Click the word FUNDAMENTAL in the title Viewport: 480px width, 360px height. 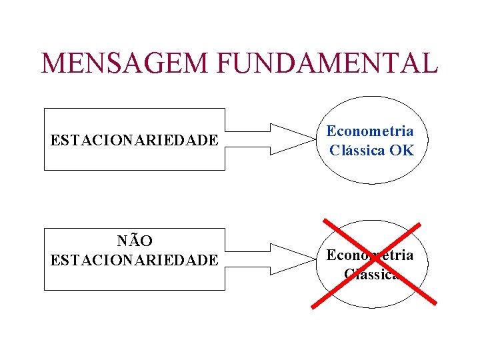[327, 63]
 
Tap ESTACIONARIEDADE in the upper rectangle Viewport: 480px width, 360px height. [134, 141]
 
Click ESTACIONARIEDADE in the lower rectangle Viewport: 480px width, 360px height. [134, 259]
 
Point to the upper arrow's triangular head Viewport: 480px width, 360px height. [293, 139]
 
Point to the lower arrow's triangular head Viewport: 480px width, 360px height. [293, 259]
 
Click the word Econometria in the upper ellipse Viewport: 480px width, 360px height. [369, 131]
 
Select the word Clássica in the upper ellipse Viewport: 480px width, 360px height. [357, 150]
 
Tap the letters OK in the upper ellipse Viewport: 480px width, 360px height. [402, 150]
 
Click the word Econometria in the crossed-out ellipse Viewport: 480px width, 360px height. [369, 255]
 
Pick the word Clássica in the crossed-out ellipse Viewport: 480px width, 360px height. [371, 273]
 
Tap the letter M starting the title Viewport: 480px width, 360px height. [53, 63]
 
